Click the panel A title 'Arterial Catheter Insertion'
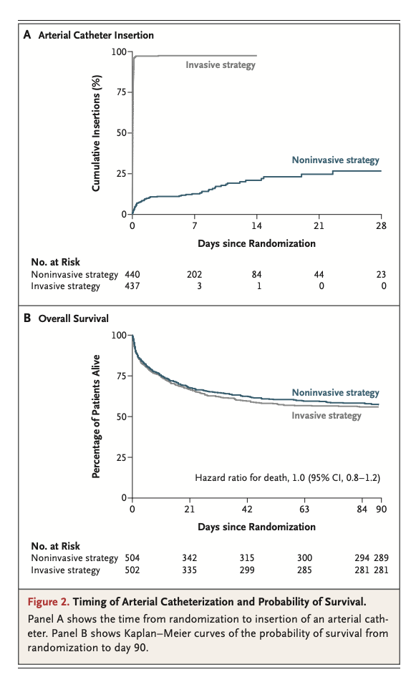[96, 34]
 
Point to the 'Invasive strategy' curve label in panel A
[221, 64]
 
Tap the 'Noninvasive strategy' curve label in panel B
[335, 393]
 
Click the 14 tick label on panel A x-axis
[257, 225]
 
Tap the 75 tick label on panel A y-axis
[120, 92]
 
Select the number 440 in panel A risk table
[132, 274]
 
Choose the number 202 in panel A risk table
[195, 274]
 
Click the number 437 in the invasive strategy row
[132, 286]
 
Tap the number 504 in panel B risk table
[132, 557]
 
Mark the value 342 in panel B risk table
[190, 557]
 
